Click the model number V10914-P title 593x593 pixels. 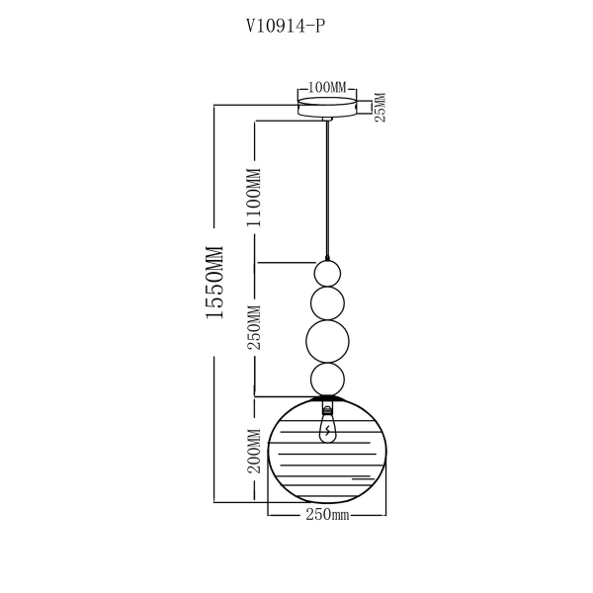pyautogui.click(x=286, y=27)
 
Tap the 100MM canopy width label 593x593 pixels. pyautogui.click(x=327, y=87)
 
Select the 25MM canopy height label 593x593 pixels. pyautogui.click(x=381, y=107)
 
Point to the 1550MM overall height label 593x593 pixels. pyautogui.click(x=215, y=282)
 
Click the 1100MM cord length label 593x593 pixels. pyautogui.click(x=254, y=198)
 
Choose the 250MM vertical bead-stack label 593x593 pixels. pyautogui.click(x=254, y=327)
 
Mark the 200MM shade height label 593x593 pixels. pyautogui.click(x=254, y=451)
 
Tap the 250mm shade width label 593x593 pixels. pyautogui.click(x=327, y=515)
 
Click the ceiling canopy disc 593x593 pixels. pyautogui.click(x=327, y=107)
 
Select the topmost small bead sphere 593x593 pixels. pyautogui.click(x=327, y=274)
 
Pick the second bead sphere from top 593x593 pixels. pyautogui.click(x=327, y=303)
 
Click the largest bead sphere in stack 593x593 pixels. pyautogui.click(x=327, y=342)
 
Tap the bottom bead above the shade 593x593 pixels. pyautogui.click(x=327, y=380)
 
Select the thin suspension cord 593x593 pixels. pyautogui.click(x=327, y=190)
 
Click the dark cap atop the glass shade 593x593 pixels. pyautogui.click(x=327, y=398)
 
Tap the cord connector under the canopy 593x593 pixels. pyautogui.click(x=327, y=120)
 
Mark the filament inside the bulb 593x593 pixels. pyautogui.click(x=327, y=430)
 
